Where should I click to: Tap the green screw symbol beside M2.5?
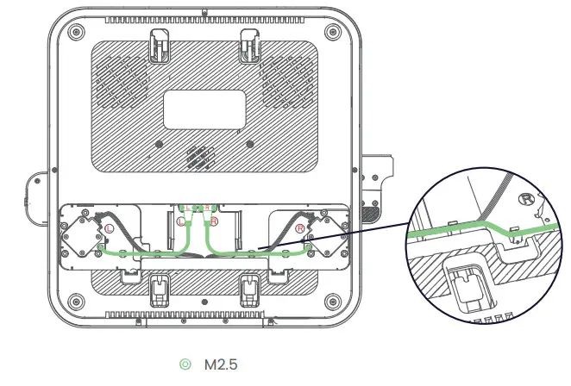coord(184,365)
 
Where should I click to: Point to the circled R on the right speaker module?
coord(300,229)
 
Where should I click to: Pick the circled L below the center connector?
coord(181,222)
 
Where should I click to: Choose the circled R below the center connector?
coord(215,222)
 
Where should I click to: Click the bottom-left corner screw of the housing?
coord(76,301)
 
